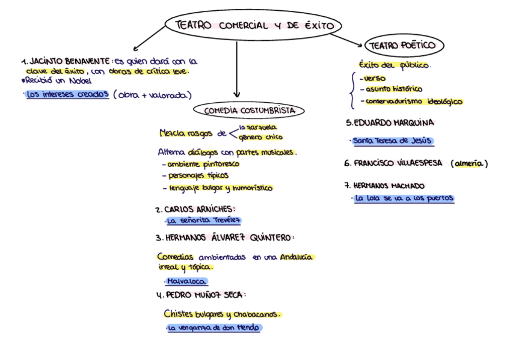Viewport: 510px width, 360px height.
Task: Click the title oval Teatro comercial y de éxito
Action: click(x=253, y=25)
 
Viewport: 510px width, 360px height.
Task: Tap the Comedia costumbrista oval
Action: click(x=249, y=111)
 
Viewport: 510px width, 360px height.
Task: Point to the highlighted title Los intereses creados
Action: click(x=67, y=94)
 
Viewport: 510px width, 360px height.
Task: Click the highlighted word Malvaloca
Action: click(x=187, y=281)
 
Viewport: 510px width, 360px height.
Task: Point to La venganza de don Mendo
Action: click(x=215, y=328)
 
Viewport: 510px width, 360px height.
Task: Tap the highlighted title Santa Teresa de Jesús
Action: click(x=392, y=141)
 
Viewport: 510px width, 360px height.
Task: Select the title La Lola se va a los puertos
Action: click(x=404, y=198)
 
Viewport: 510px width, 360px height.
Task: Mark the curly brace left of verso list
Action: click(x=351, y=90)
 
